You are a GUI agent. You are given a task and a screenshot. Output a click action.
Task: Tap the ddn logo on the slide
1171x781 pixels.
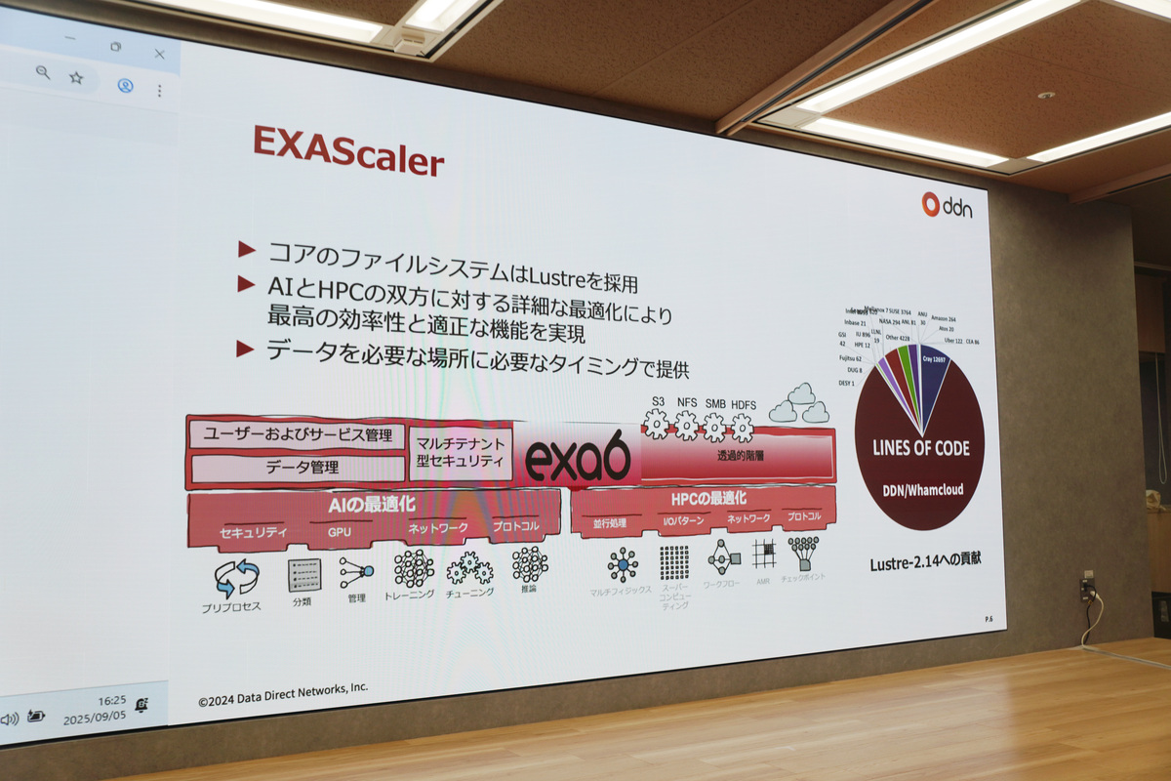(946, 205)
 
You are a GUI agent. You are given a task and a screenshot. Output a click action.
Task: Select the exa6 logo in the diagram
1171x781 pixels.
(578, 459)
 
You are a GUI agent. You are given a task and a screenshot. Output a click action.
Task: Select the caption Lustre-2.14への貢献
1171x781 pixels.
(925, 563)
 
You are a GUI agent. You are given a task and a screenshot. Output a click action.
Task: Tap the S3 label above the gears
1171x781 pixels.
(658, 401)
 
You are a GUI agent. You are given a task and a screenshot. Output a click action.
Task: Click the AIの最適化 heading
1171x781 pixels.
(375, 505)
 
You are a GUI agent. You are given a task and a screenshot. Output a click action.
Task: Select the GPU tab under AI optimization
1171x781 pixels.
(339, 532)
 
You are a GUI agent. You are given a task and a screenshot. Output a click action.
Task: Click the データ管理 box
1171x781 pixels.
(303, 469)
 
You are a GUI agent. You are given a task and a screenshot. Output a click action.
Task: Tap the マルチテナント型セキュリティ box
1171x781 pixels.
(460, 452)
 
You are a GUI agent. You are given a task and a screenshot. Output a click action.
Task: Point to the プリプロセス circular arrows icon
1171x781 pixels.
(236, 578)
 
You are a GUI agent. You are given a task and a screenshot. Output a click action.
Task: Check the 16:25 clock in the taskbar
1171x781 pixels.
(111, 700)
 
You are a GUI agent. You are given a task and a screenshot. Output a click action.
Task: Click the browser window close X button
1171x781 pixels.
(159, 54)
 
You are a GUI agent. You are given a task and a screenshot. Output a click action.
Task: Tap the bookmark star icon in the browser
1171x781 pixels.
(76, 76)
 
